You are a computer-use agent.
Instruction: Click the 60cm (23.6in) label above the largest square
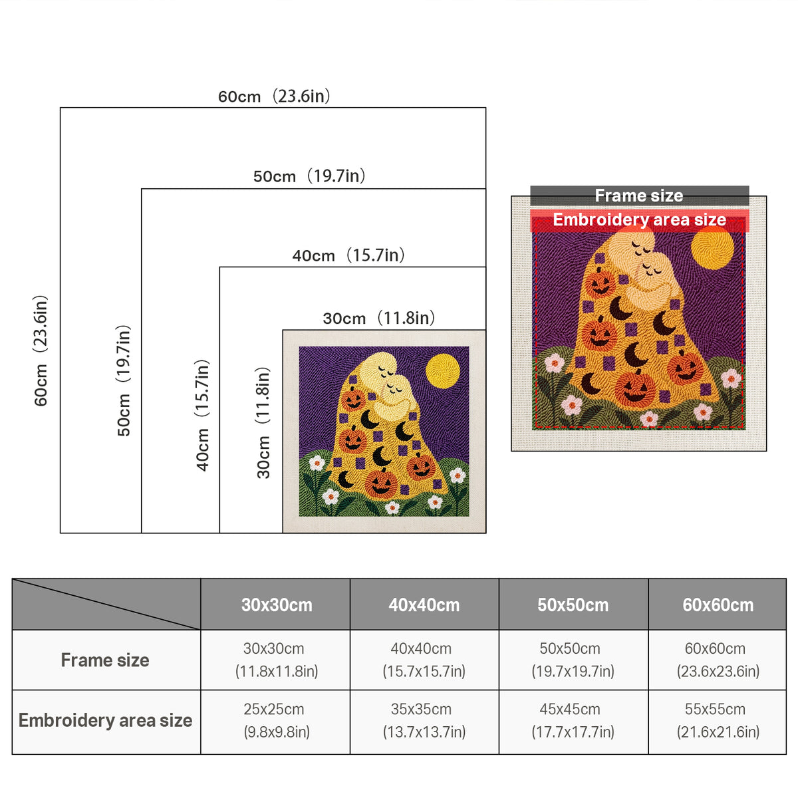[x=274, y=96]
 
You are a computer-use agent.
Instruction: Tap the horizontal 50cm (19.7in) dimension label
[x=309, y=176]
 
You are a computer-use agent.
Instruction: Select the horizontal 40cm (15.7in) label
[x=348, y=255]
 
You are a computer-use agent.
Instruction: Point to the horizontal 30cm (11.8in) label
[x=378, y=319]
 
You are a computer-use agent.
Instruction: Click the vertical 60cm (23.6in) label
[x=41, y=350]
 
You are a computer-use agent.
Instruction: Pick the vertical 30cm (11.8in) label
[x=263, y=423]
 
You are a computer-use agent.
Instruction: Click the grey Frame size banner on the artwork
[x=639, y=196]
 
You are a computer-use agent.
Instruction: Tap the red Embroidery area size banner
[x=639, y=220]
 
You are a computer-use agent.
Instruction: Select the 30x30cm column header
[x=277, y=605]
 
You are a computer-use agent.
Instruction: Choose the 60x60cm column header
[x=718, y=605]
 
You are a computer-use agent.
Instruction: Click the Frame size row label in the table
[x=105, y=660]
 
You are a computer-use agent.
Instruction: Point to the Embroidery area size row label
[x=105, y=721]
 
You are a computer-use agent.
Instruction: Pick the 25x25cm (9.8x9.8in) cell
[x=276, y=721]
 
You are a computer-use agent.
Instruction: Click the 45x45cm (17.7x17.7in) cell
[x=573, y=721]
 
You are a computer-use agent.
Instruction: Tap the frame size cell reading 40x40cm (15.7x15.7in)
[x=424, y=660]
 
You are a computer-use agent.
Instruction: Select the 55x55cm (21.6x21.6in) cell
[x=718, y=721]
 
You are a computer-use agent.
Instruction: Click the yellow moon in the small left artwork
[x=443, y=371]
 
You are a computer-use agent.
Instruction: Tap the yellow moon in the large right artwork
[x=712, y=248]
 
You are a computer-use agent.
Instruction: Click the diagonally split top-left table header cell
[x=106, y=604]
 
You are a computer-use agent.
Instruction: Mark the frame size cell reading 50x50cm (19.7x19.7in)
[x=573, y=660]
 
